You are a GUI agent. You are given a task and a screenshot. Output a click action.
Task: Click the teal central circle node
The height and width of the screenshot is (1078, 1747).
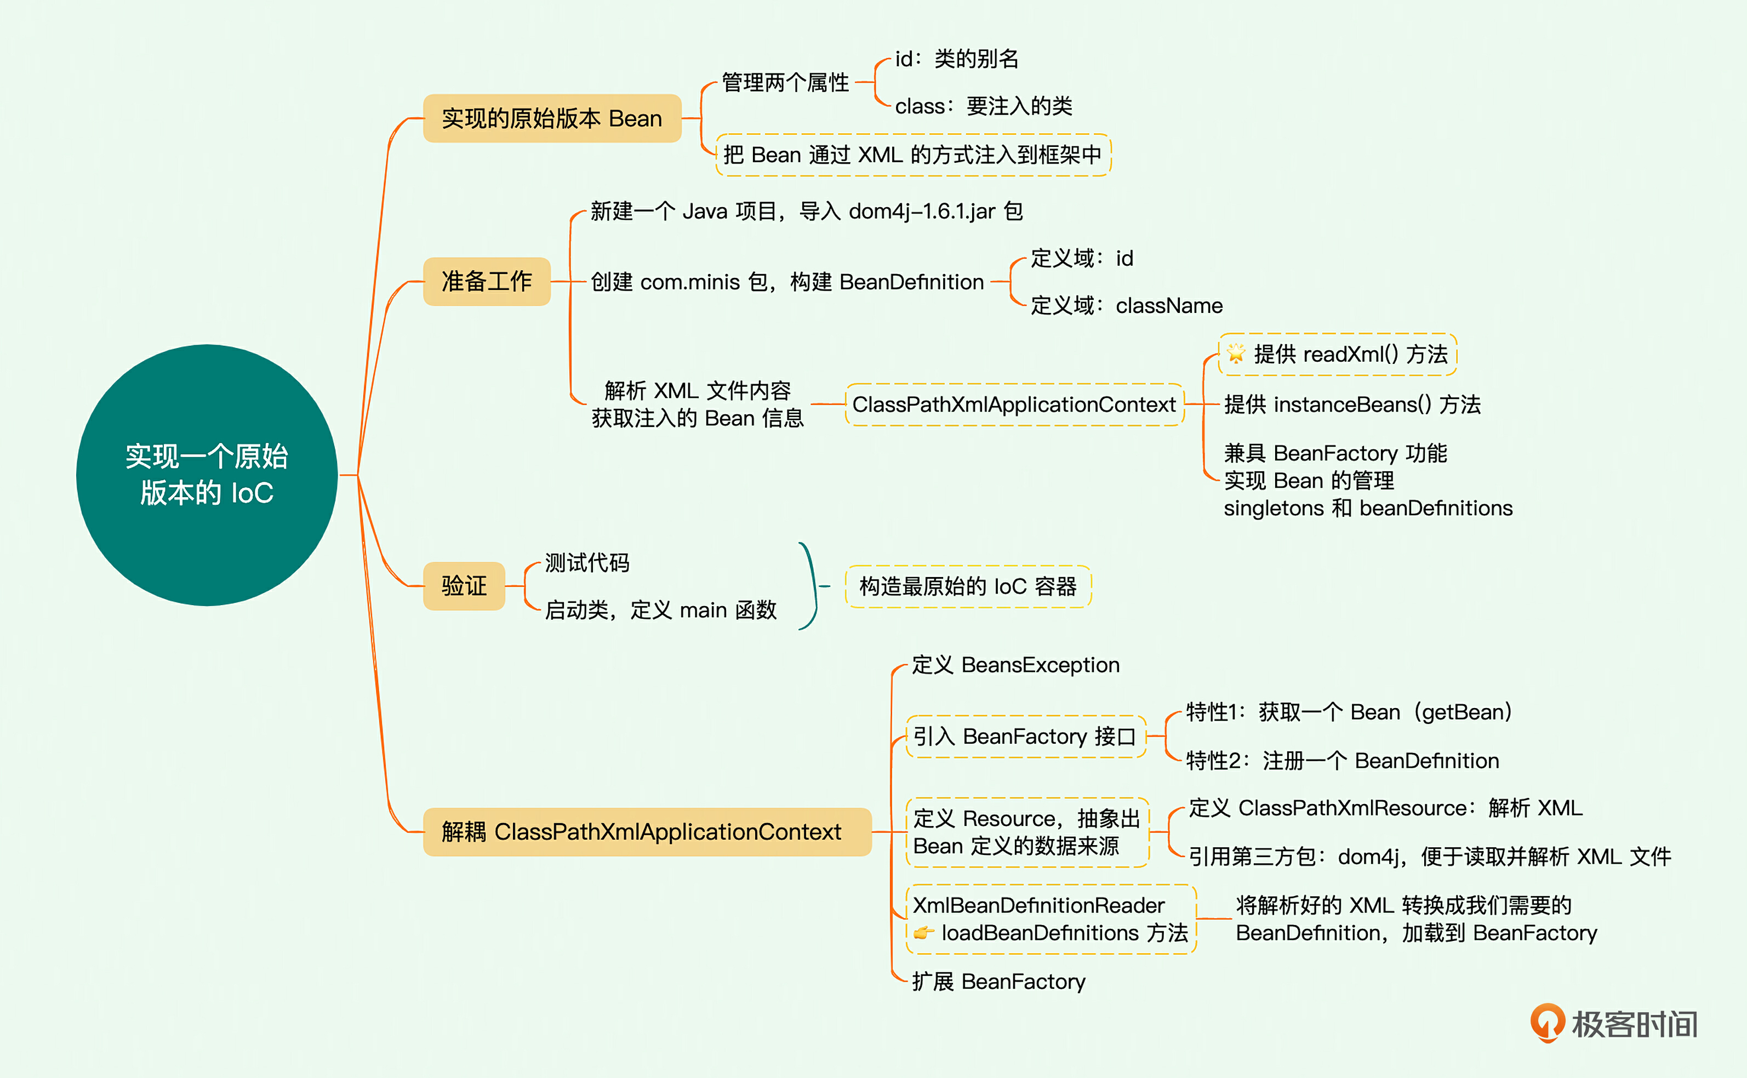coord(207,475)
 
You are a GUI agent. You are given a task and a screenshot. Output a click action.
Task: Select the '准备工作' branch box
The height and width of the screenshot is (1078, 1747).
coord(487,282)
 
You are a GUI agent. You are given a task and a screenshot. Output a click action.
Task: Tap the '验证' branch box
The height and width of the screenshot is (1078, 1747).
coord(464,586)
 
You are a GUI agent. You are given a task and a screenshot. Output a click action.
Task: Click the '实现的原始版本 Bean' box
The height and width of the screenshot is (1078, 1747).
coord(552,118)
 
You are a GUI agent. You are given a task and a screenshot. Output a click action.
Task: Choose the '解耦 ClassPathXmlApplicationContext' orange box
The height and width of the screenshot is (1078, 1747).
coord(647,831)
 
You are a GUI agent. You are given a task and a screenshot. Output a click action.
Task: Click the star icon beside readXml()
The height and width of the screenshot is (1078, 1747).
coord(1236,353)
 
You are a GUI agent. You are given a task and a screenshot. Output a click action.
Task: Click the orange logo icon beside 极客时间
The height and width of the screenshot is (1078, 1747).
coord(1547,1023)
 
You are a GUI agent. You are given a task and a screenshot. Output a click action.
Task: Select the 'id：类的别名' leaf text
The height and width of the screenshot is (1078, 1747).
coord(957,59)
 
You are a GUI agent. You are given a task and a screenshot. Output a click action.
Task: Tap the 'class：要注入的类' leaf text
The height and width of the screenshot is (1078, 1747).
coord(984,106)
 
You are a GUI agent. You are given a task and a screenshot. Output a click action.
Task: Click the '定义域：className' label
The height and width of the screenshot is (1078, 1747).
coord(1126,306)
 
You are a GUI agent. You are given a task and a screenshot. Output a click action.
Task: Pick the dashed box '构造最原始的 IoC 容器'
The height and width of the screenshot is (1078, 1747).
coord(968,587)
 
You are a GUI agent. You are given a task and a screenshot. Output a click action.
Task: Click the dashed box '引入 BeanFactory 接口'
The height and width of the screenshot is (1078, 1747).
coord(1025,737)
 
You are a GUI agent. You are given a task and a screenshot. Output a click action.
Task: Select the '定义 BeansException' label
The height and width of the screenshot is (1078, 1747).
coord(1015,665)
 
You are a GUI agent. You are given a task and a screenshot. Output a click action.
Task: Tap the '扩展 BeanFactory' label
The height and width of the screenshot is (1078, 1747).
coord(998,982)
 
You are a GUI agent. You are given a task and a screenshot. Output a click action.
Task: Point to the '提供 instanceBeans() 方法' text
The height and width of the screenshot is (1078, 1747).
coord(1352,405)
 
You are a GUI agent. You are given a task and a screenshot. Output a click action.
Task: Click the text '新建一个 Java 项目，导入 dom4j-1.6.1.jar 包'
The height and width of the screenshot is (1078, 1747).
coord(806,212)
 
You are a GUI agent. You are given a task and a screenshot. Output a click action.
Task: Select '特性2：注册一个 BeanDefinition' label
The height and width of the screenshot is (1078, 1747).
coord(1342,761)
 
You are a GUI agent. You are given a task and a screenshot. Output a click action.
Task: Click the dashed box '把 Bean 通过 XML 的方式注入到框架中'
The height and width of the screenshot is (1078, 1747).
coord(912,155)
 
